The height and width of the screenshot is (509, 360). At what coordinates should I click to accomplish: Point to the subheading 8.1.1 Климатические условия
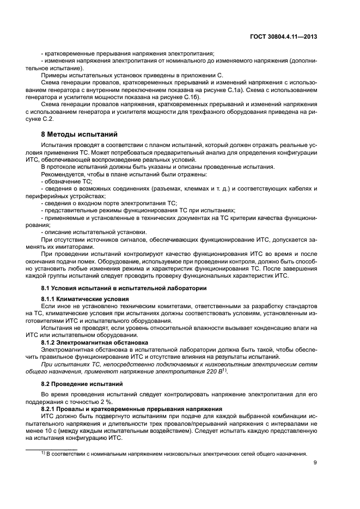click(x=85, y=299)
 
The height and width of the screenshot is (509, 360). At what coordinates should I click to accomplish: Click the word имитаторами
click(x=55, y=246)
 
